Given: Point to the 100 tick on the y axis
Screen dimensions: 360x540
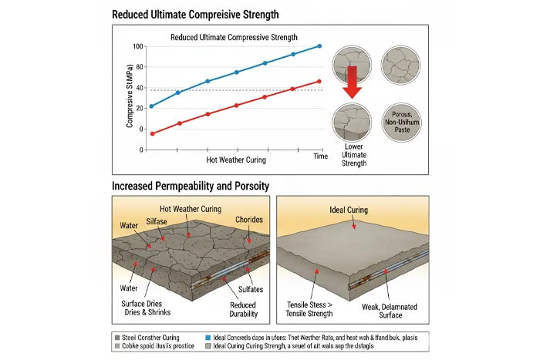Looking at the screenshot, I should pyautogui.click(x=138, y=46).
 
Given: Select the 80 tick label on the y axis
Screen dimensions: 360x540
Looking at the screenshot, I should pyautogui.click(x=139, y=67).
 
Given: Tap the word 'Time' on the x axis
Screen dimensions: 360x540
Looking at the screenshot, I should pyautogui.click(x=320, y=156).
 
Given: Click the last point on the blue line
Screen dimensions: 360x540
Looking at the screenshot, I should pyautogui.click(x=319, y=46).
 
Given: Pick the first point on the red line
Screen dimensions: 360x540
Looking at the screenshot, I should pyautogui.click(x=152, y=133).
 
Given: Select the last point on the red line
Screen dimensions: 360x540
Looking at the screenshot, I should pyautogui.click(x=319, y=81).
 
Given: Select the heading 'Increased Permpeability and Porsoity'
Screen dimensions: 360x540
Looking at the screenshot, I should pyautogui.click(x=190, y=187).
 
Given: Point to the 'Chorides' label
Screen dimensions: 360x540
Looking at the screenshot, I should pyautogui.click(x=248, y=220).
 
